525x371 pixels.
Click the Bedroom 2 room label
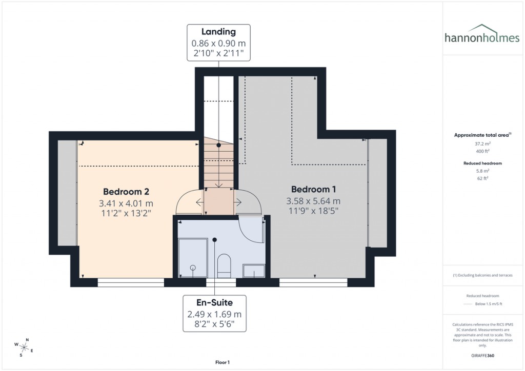tap(126, 192)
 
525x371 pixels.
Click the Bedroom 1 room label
tap(313, 189)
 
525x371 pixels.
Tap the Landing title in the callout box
tap(219, 32)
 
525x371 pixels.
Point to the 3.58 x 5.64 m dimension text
tap(313, 201)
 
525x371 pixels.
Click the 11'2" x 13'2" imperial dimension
tap(126, 214)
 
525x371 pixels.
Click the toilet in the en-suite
tap(224, 265)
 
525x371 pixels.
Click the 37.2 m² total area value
tap(481, 144)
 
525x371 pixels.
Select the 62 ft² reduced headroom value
tap(481, 178)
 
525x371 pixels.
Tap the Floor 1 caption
tap(222, 362)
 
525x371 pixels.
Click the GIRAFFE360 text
tap(481, 355)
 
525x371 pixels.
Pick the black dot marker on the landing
tap(219, 146)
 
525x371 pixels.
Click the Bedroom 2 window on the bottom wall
tap(131, 281)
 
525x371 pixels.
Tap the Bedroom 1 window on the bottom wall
tap(313, 281)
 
